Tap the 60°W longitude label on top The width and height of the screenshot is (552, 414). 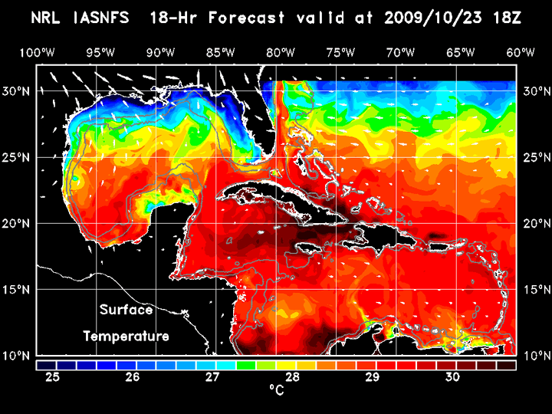pos(521,52)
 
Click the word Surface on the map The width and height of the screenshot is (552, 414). pos(125,310)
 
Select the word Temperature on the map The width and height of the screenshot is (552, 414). pos(125,337)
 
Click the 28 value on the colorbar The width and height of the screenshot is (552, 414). pos(292,377)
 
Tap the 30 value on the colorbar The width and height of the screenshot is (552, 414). pos(452,377)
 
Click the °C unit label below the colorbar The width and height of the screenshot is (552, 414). pos(276,390)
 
